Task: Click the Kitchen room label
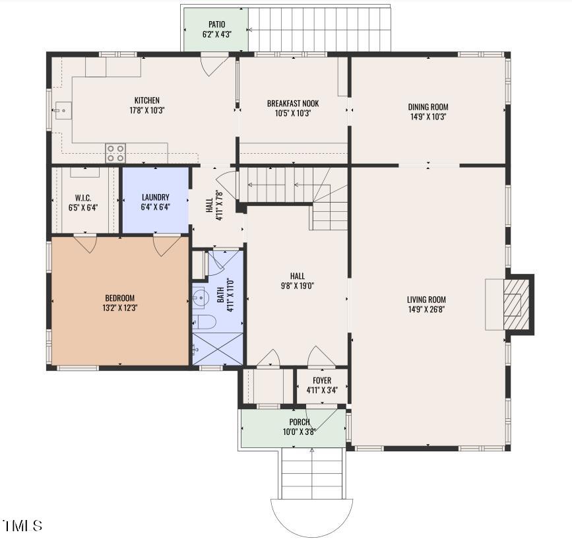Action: click(x=147, y=100)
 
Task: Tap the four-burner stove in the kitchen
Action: click(x=115, y=153)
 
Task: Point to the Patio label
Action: click(x=216, y=24)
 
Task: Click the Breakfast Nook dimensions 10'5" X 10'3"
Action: click(x=292, y=113)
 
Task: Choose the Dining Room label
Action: click(x=428, y=107)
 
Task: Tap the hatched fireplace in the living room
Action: click(x=516, y=304)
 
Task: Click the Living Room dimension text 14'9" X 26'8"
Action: click(x=426, y=309)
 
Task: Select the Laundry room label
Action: click(x=156, y=197)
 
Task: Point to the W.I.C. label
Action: click(x=83, y=198)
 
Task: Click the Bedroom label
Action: click(x=119, y=298)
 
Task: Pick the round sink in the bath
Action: click(x=199, y=298)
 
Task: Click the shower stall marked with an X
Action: click(x=218, y=348)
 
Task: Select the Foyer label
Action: click(x=322, y=381)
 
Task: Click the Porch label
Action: click(x=300, y=422)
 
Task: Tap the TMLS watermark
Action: click(x=22, y=526)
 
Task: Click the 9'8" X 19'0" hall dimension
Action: click(x=298, y=286)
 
